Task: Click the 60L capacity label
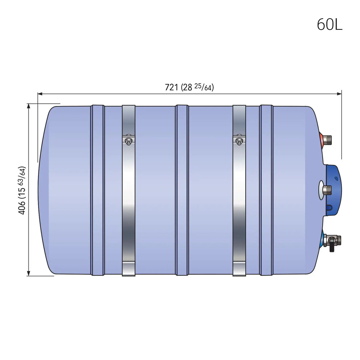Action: pos(329,24)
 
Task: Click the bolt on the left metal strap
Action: pos(128,141)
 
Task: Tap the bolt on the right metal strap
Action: pos(239,141)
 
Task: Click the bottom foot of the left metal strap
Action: pos(128,268)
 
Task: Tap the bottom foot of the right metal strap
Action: pos(239,268)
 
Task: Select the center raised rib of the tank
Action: pos(181,190)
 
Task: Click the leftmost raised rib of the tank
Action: pos(98,190)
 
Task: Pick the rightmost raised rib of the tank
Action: pos(266,190)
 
